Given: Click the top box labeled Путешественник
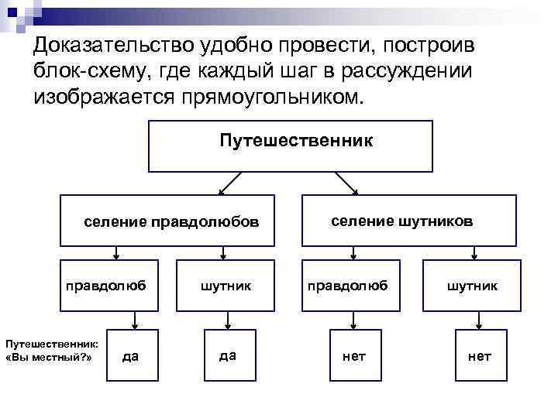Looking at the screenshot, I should (291, 146).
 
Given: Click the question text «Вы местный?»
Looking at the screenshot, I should (48, 358).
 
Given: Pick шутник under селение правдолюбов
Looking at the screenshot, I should (226, 286).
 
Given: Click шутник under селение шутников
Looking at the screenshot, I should (471, 286).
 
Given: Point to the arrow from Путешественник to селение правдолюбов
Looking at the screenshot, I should (229, 183).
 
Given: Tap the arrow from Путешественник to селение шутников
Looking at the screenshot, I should (346, 183).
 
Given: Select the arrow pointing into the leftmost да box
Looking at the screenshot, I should (135, 319).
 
